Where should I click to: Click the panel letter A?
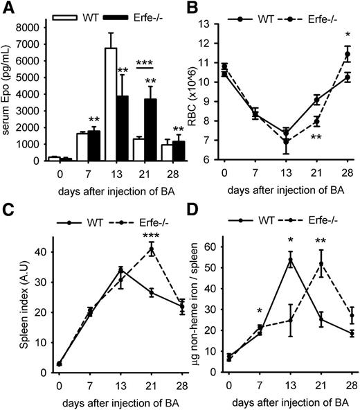pos(9,9)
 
